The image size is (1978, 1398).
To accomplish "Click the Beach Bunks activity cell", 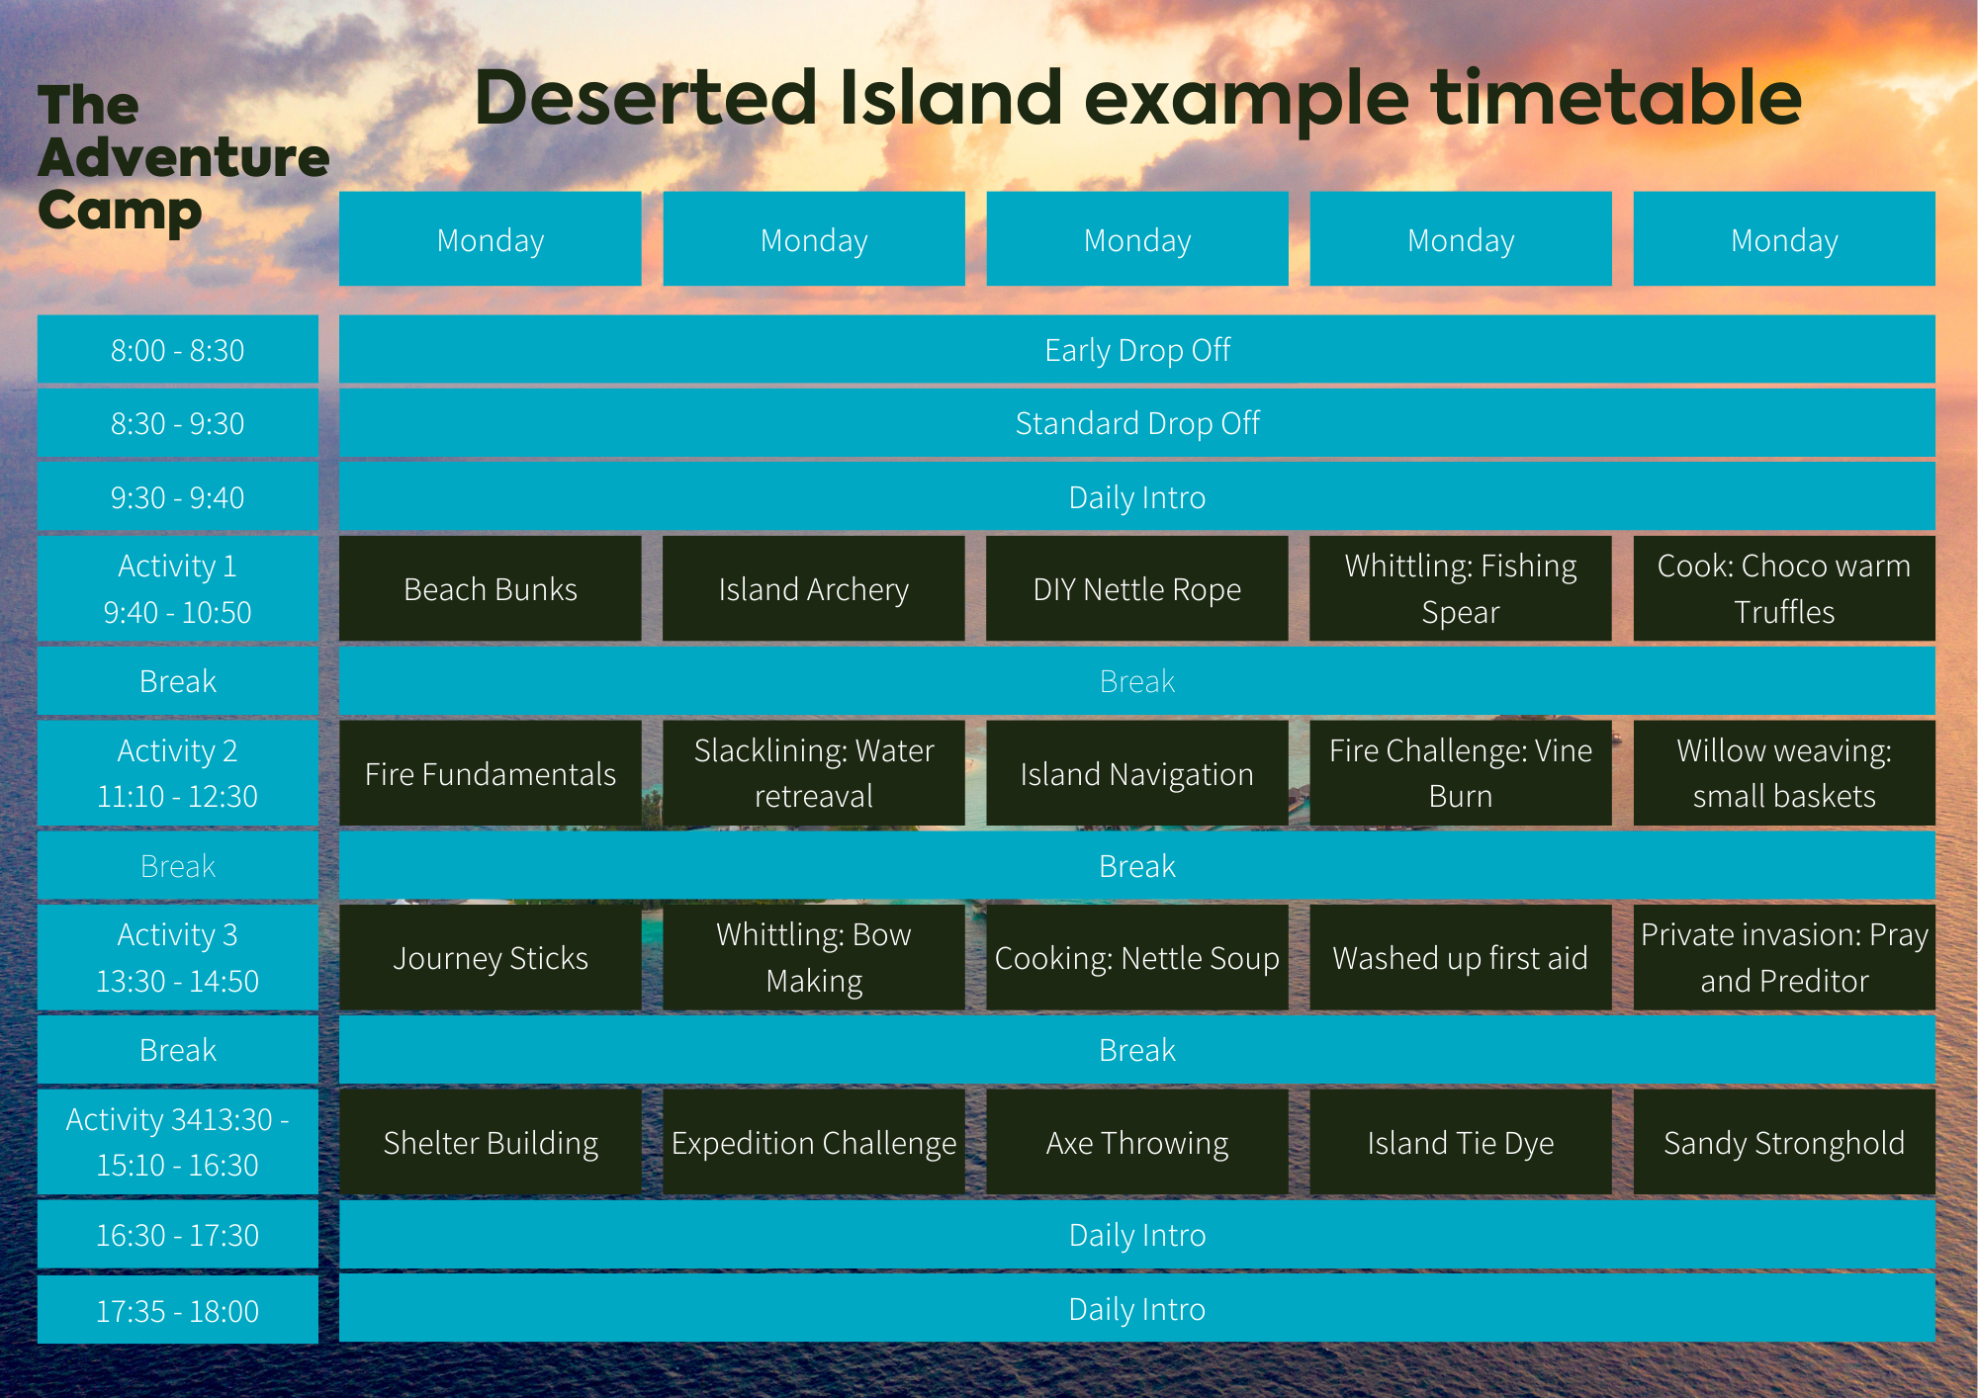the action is (x=490, y=588).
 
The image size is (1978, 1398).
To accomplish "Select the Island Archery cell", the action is (x=813, y=588).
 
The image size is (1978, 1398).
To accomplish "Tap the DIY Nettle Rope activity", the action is (x=1136, y=588).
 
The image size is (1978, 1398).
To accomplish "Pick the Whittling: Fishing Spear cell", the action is (x=1460, y=588).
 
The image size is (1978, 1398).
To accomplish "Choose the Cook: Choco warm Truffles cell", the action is (x=1784, y=588).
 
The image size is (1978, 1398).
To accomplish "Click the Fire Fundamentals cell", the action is (x=490, y=773).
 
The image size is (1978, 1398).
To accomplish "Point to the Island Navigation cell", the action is (x=1136, y=773).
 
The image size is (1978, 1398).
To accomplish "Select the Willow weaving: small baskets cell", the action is (x=1784, y=773).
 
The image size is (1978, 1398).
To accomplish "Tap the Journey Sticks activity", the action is (x=490, y=957).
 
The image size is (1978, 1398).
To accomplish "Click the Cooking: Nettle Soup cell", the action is (x=1136, y=957).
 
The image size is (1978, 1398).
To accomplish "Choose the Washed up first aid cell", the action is (x=1460, y=957).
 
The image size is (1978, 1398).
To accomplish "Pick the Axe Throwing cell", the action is (x=1136, y=1142).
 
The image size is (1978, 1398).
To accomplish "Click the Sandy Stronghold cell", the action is (x=1784, y=1142).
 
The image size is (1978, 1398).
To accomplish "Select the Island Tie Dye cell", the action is (x=1460, y=1142).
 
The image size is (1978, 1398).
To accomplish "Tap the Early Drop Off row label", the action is (x=1137, y=350).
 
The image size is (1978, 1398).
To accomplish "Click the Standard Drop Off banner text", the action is (x=1137, y=423).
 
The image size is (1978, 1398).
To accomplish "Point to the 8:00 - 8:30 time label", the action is (x=178, y=350).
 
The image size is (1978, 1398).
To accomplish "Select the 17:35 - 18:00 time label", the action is (x=178, y=1311).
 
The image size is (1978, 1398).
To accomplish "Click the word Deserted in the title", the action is (x=646, y=98).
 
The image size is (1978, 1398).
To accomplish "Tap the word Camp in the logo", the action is (x=120, y=212).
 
